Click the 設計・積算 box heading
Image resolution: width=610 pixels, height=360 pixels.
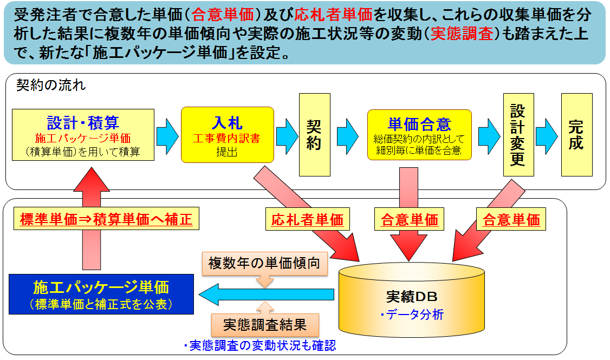click(x=83, y=122)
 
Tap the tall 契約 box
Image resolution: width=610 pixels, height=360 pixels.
click(x=314, y=135)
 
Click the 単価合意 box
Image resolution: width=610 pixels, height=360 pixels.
click(x=419, y=135)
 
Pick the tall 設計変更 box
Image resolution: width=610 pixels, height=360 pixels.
click(x=518, y=135)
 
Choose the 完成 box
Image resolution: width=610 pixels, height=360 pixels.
click(x=576, y=135)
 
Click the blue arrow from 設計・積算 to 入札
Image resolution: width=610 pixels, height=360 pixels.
click(x=167, y=134)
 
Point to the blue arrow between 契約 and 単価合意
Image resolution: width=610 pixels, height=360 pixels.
click(x=348, y=134)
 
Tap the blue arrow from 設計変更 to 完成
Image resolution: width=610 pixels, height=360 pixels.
click(x=547, y=134)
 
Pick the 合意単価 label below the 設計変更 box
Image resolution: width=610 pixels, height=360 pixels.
click(x=511, y=220)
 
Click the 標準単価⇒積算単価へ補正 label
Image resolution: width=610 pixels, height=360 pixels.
click(x=102, y=220)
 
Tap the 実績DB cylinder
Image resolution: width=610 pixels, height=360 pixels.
click(x=411, y=300)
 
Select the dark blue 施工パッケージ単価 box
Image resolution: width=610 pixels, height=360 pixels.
click(x=101, y=294)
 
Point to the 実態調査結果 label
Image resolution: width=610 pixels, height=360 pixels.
click(x=265, y=325)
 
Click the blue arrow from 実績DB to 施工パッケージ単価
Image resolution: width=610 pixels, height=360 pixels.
click(x=265, y=294)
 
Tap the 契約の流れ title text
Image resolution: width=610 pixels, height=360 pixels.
click(x=51, y=86)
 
